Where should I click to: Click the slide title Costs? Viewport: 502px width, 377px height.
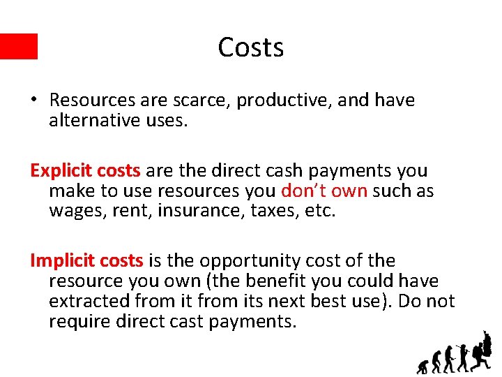250,47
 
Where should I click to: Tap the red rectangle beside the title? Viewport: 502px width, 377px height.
19,46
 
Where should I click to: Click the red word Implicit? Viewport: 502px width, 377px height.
63,261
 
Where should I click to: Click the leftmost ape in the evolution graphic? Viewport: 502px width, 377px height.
423,365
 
